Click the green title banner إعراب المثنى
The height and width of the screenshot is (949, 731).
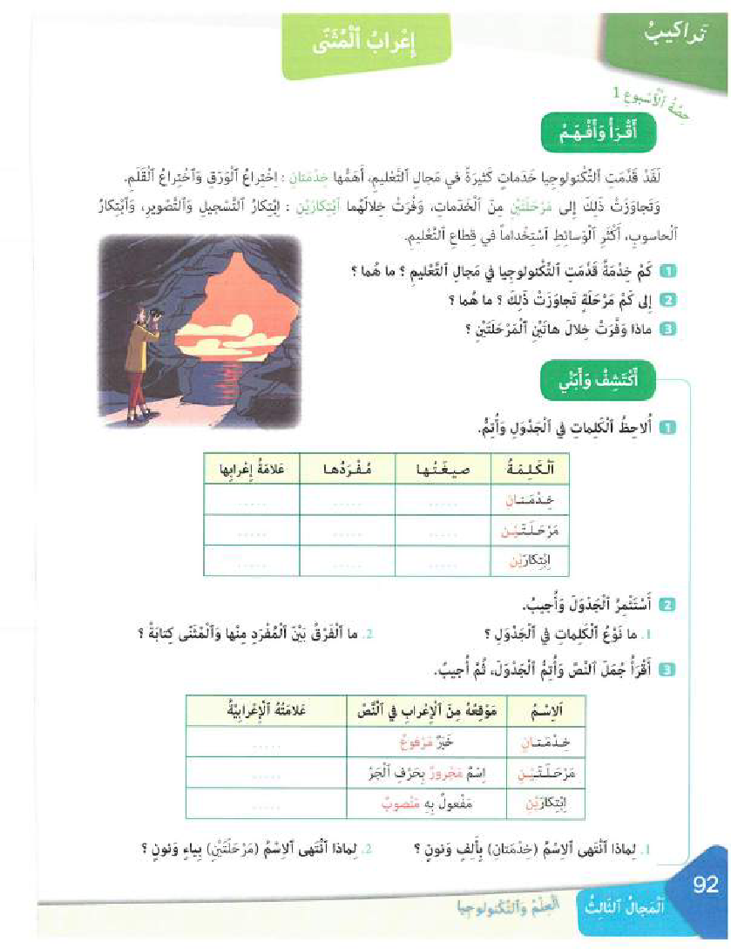[x=373, y=44]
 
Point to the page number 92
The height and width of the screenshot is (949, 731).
[x=705, y=885]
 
